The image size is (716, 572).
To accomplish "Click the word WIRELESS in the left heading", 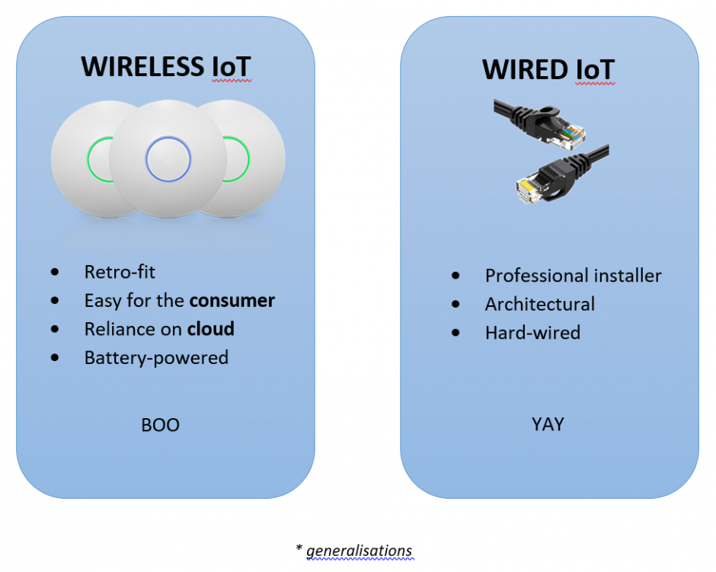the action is pyautogui.click(x=142, y=67).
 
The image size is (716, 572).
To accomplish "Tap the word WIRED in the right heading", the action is pyautogui.click(x=525, y=70).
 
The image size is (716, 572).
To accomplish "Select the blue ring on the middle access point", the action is pyautogui.click(x=168, y=159).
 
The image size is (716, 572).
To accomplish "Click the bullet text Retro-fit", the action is pyautogui.click(x=120, y=272).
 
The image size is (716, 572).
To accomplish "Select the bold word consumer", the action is pyautogui.click(x=232, y=301).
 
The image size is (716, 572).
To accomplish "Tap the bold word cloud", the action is pyautogui.click(x=210, y=329).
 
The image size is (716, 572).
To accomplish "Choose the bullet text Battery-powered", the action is pyautogui.click(x=156, y=358).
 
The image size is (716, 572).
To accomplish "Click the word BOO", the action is pyautogui.click(x=160, y=425).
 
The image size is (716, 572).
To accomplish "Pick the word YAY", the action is pyautogui.click(x=548, y=424).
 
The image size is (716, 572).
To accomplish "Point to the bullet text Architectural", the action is pyautogui.click(x=540, y=304).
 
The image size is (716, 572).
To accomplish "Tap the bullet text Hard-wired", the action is pyautogui.click(x=532, y=333).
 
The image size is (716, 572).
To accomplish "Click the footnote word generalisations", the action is pyautogui.click(x=360, y=551).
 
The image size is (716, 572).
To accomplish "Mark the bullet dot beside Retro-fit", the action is pyautogui.click(x=55, y=273).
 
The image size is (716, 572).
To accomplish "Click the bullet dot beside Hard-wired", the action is pyautogui.click(x=455, y=333).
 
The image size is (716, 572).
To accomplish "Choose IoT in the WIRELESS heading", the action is pyautogui.click(x=232, y=67).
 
